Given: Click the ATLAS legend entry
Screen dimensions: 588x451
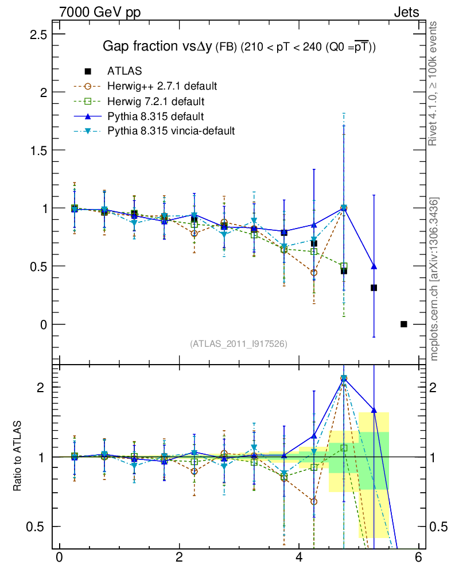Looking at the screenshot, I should tap(125, 71).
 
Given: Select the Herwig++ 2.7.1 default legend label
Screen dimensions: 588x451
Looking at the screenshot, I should tap(161, 87).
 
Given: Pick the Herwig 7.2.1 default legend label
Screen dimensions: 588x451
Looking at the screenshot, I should tap(155, 102).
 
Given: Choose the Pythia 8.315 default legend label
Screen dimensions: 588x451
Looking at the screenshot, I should tap(155, 117).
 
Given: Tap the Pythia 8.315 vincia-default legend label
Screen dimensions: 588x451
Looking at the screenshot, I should tap(171, 131).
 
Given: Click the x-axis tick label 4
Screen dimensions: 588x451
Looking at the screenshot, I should tap(299, 558).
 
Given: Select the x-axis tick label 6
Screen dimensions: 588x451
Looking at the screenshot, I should tap(419, 558).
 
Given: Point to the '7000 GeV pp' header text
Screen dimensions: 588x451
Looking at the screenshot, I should tap(99, 12).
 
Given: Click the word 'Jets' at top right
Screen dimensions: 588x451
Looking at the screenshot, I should tap(406, 12).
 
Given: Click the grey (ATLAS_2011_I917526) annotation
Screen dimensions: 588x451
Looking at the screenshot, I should tap(238, 343).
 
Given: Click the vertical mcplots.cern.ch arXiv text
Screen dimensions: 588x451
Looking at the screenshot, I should tap(434, 279).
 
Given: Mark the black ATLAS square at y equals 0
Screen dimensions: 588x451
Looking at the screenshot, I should tap(403, 324).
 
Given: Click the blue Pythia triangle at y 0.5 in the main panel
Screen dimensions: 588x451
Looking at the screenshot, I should tap(374, 266).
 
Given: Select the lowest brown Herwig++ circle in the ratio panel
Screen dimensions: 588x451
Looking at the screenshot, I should tap(314, 501).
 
